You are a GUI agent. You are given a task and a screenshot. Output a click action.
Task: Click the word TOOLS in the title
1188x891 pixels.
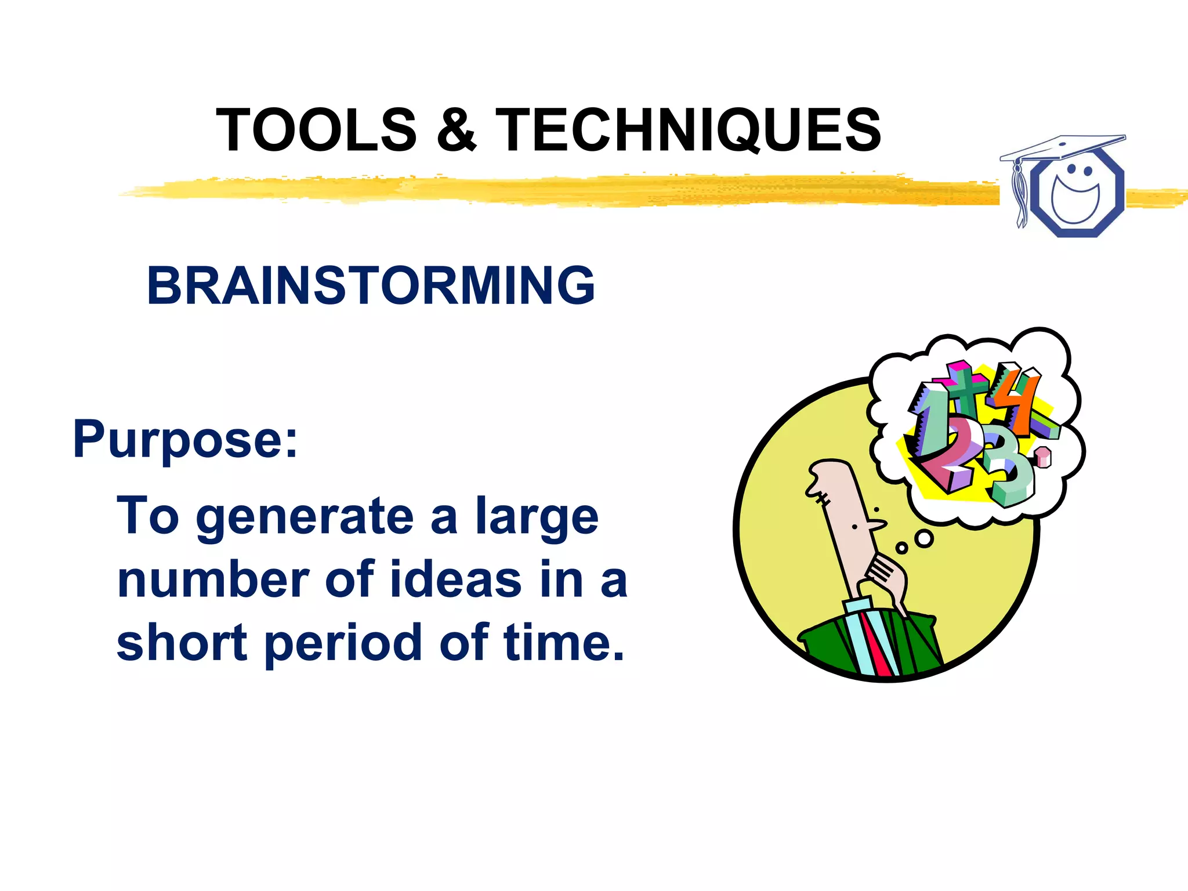(316, 131)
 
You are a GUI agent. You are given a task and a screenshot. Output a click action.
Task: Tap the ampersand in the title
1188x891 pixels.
(456, 131)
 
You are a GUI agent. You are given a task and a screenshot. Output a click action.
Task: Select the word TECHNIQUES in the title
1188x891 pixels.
(688, 131)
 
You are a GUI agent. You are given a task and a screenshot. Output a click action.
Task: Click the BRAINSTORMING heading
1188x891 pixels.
(371, 285)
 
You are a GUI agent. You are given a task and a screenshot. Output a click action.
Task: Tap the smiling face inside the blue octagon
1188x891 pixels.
(1076, 194)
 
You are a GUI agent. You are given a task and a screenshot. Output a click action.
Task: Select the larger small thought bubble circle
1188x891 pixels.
(924, 539)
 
